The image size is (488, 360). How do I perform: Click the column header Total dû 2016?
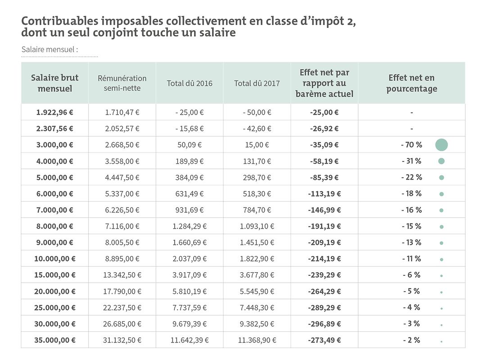tap(190, 83)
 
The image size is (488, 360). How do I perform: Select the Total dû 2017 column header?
tap(257, 83)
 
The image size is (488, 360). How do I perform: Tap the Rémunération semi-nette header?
tap(122, 83)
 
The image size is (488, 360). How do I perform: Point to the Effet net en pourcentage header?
tap(411, 83)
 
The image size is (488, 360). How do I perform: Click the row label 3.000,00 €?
tap(55, 145)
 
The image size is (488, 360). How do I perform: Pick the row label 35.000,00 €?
tap(55, 340)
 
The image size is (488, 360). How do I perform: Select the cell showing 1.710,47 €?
tap(122, 112)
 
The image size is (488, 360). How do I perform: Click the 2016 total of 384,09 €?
tap(190, 177)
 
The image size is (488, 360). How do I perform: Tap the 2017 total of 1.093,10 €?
tap(257, 226)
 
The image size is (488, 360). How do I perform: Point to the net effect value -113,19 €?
tap(324, 194)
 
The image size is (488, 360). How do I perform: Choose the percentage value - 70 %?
tap(411, 145)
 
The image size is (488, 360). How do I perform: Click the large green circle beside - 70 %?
tap(442, 145)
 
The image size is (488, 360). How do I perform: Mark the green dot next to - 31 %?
tap(442, 161)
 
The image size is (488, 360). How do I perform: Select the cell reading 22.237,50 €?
tap(122, 308)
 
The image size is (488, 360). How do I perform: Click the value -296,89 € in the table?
tap(324, 324)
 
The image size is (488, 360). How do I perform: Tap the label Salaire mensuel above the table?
tap(50, 49)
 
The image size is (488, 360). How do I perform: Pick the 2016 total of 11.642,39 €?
tap(190, 340)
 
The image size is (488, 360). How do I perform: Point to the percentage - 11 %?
tap(411, 259)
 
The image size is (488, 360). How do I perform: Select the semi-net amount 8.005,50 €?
tap(122, 243)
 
